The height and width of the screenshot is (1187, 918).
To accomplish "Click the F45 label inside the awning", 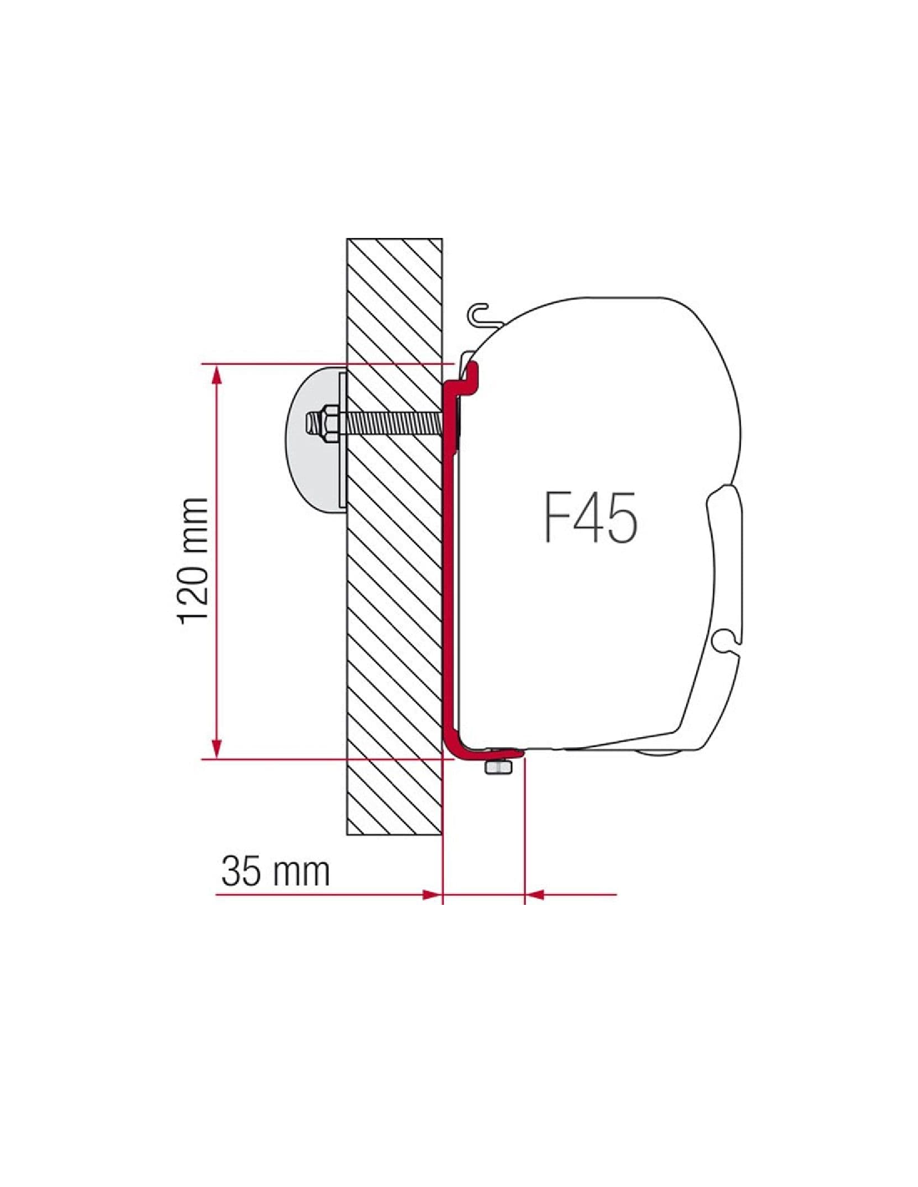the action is pyautogui.click(x=590, y=517).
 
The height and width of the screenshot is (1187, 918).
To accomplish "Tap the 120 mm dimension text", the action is pyautogui.click(x=192, y=561).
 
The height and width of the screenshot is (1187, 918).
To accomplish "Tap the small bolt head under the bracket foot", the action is pyautogui.click(x=498, y=767).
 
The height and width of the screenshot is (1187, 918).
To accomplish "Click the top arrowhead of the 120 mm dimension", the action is pyautogui.click(x=217, y=376).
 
